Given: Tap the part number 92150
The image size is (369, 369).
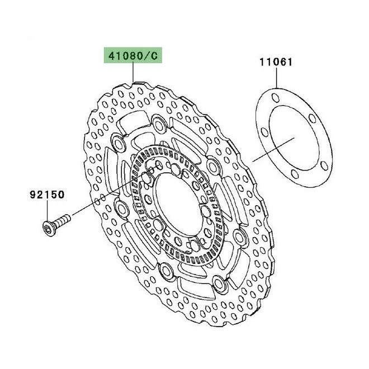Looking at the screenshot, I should pyautogui.click(x=47, y=195).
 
